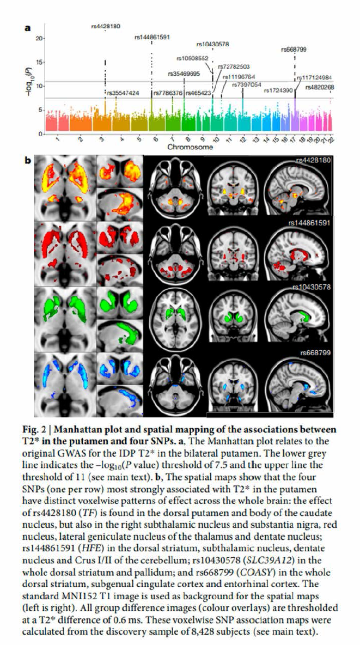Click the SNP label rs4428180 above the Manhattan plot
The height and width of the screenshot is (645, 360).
106,27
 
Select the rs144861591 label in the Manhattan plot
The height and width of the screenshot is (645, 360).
152,38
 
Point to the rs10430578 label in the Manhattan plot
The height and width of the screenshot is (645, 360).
213,44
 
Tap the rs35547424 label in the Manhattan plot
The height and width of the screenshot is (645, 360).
123,93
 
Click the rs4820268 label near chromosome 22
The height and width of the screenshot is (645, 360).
320,87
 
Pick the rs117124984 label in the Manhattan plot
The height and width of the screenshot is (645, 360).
314,77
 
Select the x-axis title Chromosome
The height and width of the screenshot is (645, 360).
184,147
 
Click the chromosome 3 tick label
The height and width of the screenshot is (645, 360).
102,140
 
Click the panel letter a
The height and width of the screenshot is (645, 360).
28,28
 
